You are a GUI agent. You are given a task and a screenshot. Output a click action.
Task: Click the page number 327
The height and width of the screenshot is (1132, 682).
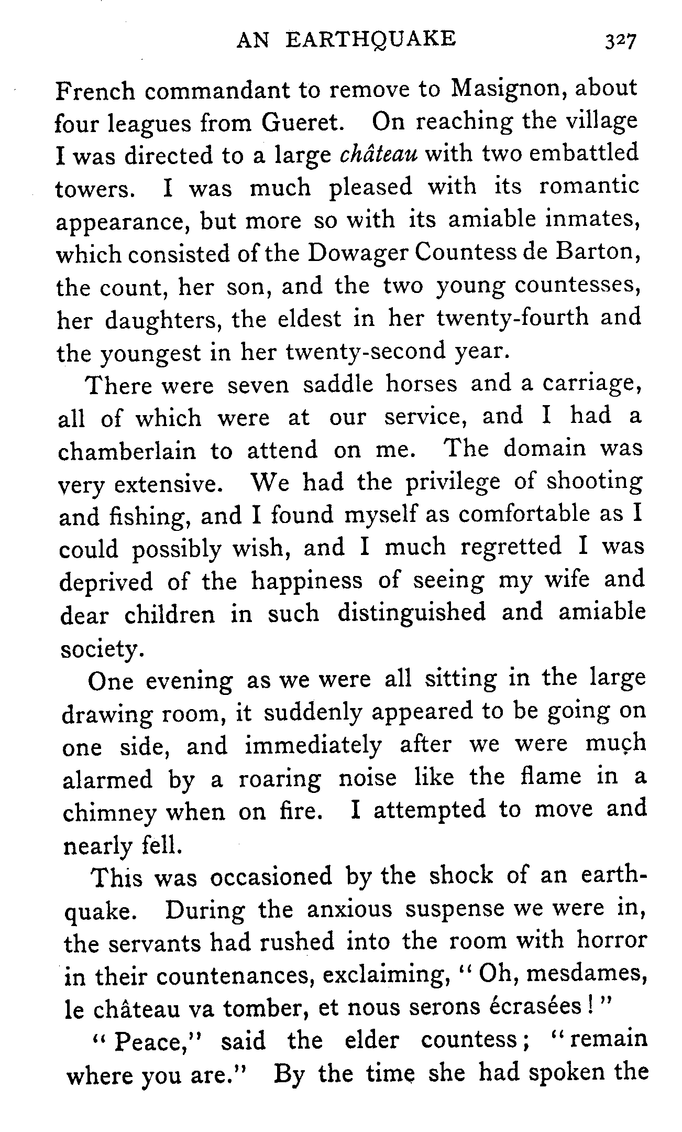click(x=620, y=41)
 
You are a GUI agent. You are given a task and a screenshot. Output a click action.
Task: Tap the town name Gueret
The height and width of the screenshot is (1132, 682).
click(x=302, y=123)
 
